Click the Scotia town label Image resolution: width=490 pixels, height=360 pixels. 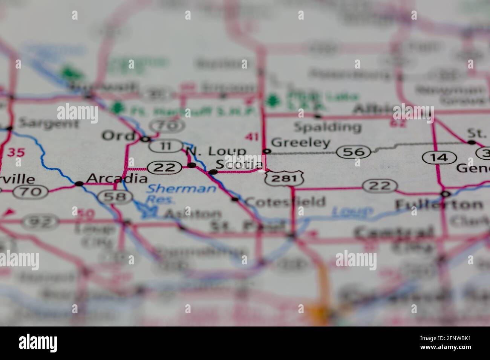click(x=239, y=165)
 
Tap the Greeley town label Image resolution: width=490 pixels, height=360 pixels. click(x=300, y=143)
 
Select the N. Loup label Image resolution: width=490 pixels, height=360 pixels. click(x=216, y=151)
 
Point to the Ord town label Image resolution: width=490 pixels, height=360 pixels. click(x=118, y=136)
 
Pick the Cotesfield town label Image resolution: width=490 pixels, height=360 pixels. click(x=285, y=201)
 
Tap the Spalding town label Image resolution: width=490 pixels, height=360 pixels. click(x=327, y=127)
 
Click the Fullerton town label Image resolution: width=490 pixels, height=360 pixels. click(x=439, y=204)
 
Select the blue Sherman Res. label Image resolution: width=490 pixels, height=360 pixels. click(x=181, y=193)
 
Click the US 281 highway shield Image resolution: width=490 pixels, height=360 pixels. click(x=284, y=178)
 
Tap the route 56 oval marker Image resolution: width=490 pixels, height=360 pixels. click(x=354, y=152)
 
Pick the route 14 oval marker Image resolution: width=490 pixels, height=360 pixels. click(x=439, y=157)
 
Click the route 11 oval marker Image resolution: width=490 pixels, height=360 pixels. click(x=165, y=146)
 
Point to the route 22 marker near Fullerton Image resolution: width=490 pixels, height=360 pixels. click(x=380, y=186)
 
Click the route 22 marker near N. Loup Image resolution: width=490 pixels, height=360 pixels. click(x=165, y=167)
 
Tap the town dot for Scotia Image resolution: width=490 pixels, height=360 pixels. click(x=213, y=172)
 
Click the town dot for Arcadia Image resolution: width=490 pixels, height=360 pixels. click(x=79, y=184)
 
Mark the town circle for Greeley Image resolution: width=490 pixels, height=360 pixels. click(x=267, y=151)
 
